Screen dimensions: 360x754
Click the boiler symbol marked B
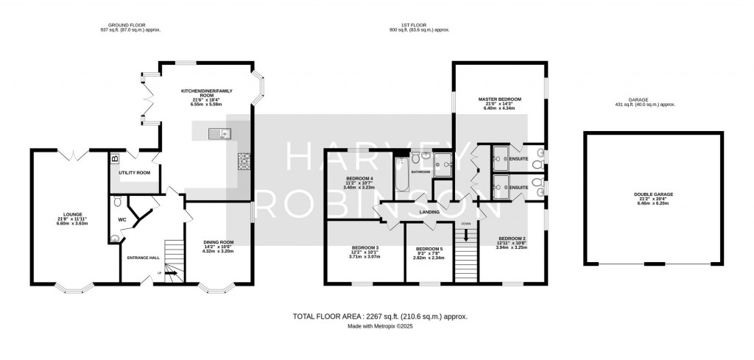[x=114, y=158]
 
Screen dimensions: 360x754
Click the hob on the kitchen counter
[x=243, y=160]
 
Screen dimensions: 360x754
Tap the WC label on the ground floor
[x=123, y=219]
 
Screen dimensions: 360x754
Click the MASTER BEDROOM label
[x=499, y=99]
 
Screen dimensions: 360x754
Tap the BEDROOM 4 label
[x=361, y=178]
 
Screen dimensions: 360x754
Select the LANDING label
[x=429, y=212]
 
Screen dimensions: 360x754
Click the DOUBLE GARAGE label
[x=653, y=194]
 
